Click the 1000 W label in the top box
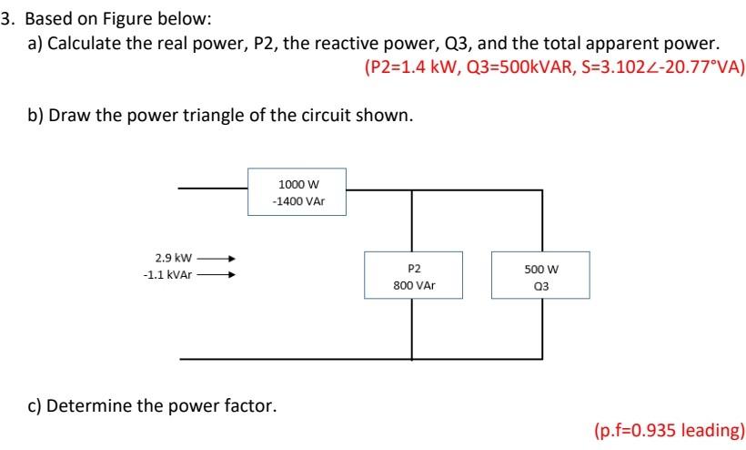(x=297, y=182)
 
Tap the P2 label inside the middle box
(x=414, y=269)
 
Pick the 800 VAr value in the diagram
(x=414, y=285)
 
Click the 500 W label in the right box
(x=541, y=269)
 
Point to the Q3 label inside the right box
(x=542, y=285)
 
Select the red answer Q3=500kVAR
(x=521, y=66)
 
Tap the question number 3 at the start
(x=6, y=18)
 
